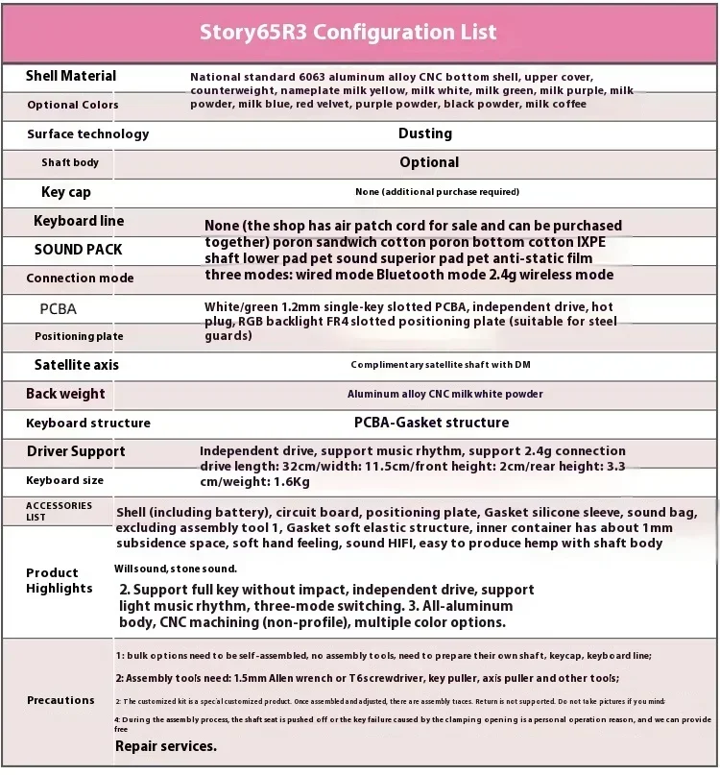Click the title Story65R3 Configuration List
tap(348, 32)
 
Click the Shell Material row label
tap(71, 76)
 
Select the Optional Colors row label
tap(73, 105)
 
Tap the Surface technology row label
tap(88, 134)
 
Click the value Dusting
tap(424, 133)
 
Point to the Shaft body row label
tap(70, 163)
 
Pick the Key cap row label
tap(66, 192)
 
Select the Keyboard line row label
tap(79, 221)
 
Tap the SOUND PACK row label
tap(79, 250)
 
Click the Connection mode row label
tap(81, 279)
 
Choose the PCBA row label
tap(58, 309)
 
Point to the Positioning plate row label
tap(80, 336)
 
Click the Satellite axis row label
tap(77, 365)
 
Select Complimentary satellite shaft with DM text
tap(441, 365)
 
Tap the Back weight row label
tap(65, 394)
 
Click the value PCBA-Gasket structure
tap(432, 423)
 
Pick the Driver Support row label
tap(76, 451)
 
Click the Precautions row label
tap(60, 700)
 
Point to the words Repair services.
tap(166, 746)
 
